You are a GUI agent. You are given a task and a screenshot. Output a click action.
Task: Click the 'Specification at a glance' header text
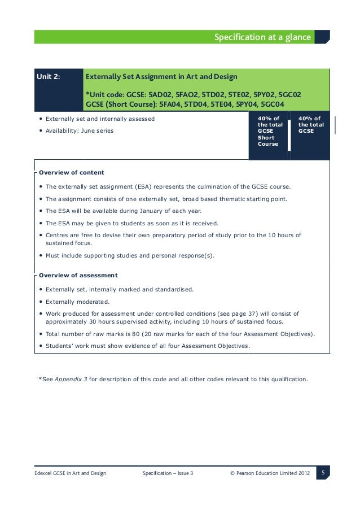click(262, 37)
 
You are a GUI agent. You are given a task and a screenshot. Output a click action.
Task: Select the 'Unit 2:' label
click(49, 76)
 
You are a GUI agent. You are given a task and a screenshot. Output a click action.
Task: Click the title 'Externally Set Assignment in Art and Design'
click(161, 76)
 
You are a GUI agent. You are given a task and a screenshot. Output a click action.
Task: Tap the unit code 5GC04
click(270, 104)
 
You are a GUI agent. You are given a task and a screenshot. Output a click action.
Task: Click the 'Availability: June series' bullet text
click(79, 131)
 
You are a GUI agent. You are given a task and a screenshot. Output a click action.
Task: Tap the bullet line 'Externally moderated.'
click(77, 302)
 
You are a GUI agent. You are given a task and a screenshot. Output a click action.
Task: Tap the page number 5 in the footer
click(323, 472)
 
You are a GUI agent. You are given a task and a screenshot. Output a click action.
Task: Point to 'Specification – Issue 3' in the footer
click(168, 473)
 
